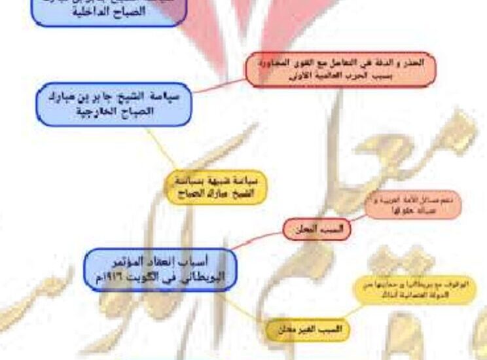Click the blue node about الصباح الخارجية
pyautogui.click(x=113, y=103)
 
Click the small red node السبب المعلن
pyautogui.click(x=317, y=228)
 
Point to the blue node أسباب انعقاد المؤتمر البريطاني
pyautogui.click(x=160, y=270)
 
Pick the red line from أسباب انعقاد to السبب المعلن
pyautogui.click(x=259, y=240)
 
